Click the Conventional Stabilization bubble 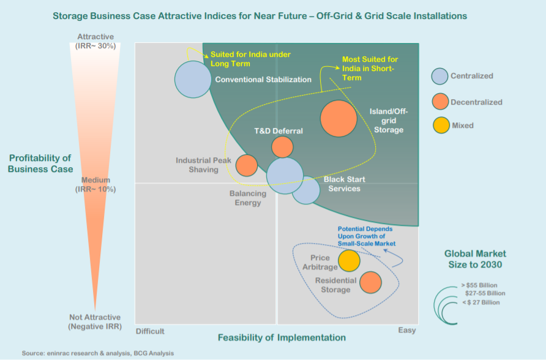193,79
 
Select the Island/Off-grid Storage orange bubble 338,119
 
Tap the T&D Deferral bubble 282,147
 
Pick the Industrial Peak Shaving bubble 247,165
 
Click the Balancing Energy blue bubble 285,176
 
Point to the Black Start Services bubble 305,189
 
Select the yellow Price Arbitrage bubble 349,260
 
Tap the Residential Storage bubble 370,282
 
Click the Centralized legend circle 439,76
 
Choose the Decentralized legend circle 439,102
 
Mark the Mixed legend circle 439,126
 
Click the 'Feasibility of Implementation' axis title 282,338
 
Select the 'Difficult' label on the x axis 151,331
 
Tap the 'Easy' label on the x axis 407,331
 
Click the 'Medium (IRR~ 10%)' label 95,185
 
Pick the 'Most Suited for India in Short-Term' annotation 369,68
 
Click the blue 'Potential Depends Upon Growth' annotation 366,236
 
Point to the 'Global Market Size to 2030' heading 475,259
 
